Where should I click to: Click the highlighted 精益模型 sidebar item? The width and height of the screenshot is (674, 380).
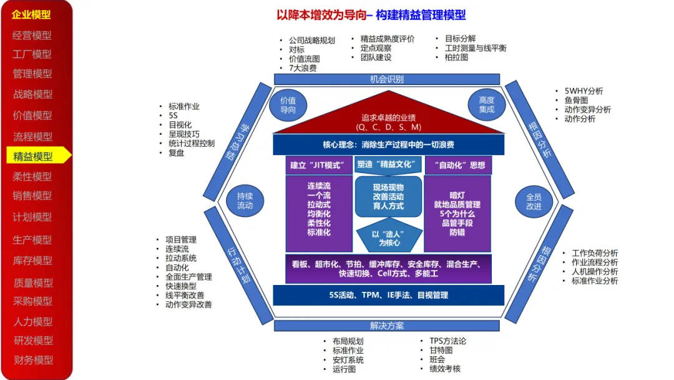38,156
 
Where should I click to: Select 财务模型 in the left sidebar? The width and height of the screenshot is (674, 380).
34,360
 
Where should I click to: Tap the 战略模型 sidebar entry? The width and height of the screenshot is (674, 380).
32,94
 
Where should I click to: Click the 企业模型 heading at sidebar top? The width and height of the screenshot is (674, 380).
31,14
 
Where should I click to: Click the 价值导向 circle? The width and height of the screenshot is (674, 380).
288,105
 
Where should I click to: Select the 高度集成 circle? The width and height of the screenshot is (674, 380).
487,105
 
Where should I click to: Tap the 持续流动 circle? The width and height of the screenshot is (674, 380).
245,201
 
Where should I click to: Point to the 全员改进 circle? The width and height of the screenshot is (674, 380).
534,202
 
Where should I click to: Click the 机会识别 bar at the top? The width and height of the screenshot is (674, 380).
387,79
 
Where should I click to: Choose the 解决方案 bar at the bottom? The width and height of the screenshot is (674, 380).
387,326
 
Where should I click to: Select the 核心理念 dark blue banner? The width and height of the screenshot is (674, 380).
389,144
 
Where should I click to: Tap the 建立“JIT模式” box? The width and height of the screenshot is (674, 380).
319,165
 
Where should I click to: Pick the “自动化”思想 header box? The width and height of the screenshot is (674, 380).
458,165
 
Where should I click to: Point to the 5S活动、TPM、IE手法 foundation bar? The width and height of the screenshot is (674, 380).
389,295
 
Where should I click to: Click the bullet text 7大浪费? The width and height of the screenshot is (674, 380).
303,68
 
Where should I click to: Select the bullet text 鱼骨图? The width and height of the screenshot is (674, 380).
576,100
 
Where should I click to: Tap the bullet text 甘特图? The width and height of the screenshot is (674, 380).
441,350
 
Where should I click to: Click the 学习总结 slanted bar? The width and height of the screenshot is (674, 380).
238,142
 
